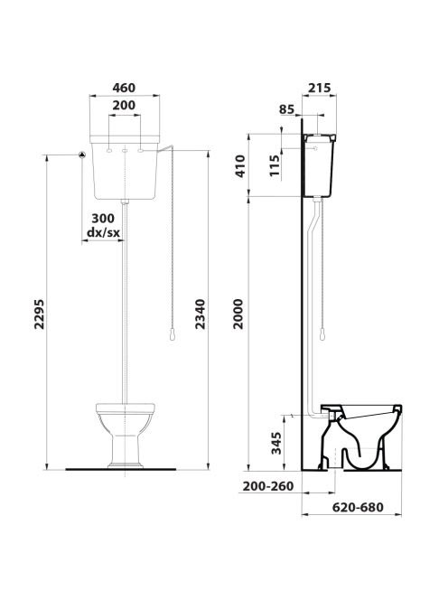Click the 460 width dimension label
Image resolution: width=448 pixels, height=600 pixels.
click(x=124, y=88)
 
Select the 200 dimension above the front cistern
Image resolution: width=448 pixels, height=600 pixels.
click(x=124, y=105)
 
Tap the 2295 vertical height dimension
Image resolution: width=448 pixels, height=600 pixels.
click(x=40, y=314)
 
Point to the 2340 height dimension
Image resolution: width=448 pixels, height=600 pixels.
click(x=201, y=314)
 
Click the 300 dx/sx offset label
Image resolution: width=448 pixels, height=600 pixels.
click(x=103, y=225)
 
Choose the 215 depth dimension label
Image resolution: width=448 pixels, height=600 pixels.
click(x=320, y=88)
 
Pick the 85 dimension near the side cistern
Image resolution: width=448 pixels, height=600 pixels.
click(x=287, y=109)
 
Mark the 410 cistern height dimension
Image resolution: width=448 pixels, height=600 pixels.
click(x=240, y=165)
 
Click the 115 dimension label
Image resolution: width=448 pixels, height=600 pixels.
click(x=275, y=165)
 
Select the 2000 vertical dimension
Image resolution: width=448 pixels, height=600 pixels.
click(x=238, y=314)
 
